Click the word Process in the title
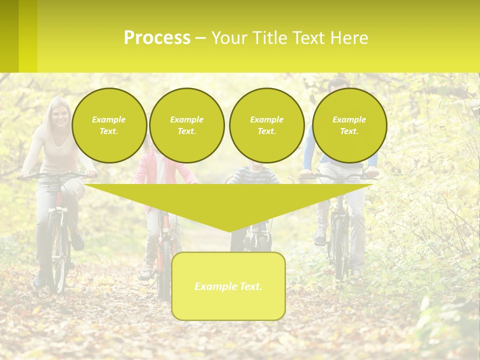coord(157,38)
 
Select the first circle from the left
coord(109,125)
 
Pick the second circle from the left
coord(186,125)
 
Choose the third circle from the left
coord(266,125)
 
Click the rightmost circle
coord(349,125)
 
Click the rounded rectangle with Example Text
coord(228,286)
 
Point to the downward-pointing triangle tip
coord(229,229)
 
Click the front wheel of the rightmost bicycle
coord(340,250)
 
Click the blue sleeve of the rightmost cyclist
coord(309,150)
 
